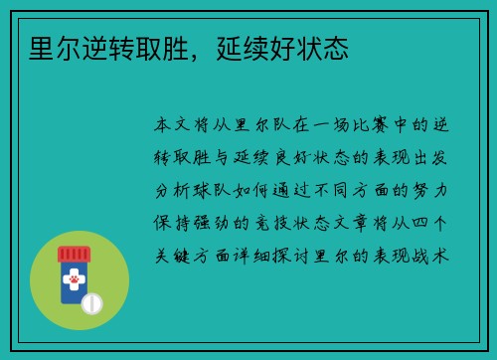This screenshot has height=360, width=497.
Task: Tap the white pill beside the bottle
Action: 92,301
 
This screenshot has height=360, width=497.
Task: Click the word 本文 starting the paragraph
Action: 176,127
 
